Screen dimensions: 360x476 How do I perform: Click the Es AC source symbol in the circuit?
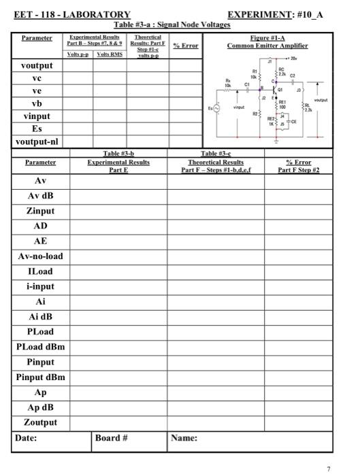click(217, 108)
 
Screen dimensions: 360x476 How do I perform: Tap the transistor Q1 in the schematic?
click(278, 90)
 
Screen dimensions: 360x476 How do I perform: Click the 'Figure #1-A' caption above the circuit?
click(267, 39)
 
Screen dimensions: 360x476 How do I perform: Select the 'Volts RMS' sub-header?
click(110, 54)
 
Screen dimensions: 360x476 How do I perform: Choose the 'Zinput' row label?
click(40, 211)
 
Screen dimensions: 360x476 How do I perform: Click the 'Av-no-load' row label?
click(40, 256)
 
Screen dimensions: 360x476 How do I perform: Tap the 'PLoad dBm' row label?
click(40, 347)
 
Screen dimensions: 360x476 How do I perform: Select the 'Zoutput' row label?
click(40, 422)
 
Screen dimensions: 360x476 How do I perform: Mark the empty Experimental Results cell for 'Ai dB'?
click(118, 317)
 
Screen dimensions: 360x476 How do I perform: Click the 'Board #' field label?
click(112, 438)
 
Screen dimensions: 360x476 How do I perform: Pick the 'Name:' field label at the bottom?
click(184, 438)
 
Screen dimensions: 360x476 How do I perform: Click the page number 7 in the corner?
click(328, 469)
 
